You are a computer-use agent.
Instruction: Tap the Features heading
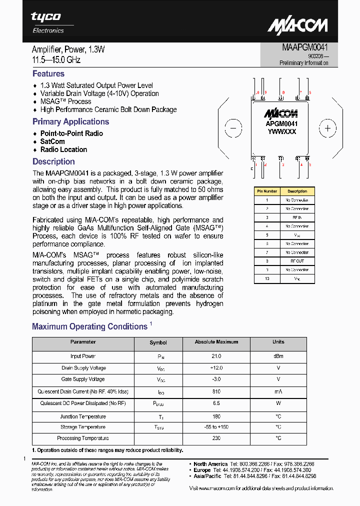[x=48, y=73]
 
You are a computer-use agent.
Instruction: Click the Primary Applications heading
[x=70, y=121]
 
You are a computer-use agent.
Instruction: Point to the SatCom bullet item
[x=52, y=141]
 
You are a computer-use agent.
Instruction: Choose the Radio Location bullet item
[x=63, y=149]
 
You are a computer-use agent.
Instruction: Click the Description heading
[x=53, y=161]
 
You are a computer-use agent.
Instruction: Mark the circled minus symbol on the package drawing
[x=233, y=128]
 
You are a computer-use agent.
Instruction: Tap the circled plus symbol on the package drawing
[x=327, y=128]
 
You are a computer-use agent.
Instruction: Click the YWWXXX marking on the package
[x=281, y=131]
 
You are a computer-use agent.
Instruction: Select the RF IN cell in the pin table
[x=297, y=217]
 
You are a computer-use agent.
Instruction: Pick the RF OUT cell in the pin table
[x=297, y=261]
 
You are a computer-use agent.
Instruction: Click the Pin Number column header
[x=267, y=191]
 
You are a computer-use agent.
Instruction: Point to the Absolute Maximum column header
[x=216, y=342]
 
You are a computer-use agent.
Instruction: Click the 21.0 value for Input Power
[x=216, y=356]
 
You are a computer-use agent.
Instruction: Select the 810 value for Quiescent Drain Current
[x=216, y=391]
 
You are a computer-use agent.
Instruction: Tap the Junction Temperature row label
[x=83, y=416]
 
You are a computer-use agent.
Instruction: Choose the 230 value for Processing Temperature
[x=216, y=438]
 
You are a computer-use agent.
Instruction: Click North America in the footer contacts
[x=210, y=464]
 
